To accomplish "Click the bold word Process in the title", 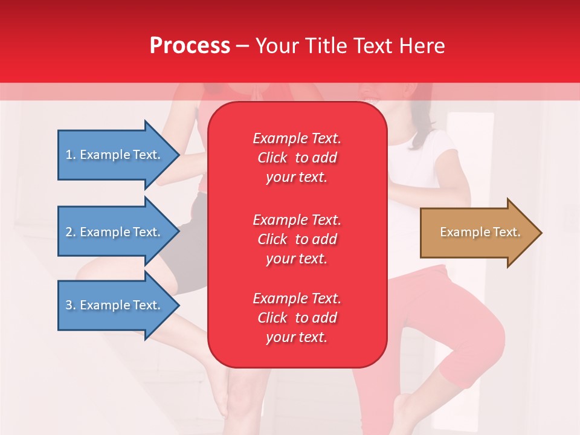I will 190,46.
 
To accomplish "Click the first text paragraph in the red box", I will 297,158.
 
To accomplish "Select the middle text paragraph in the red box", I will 297,239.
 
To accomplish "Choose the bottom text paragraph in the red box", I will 297,318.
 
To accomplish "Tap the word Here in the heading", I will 422,46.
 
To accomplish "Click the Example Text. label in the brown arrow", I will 480,232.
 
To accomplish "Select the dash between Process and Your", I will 243,47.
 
